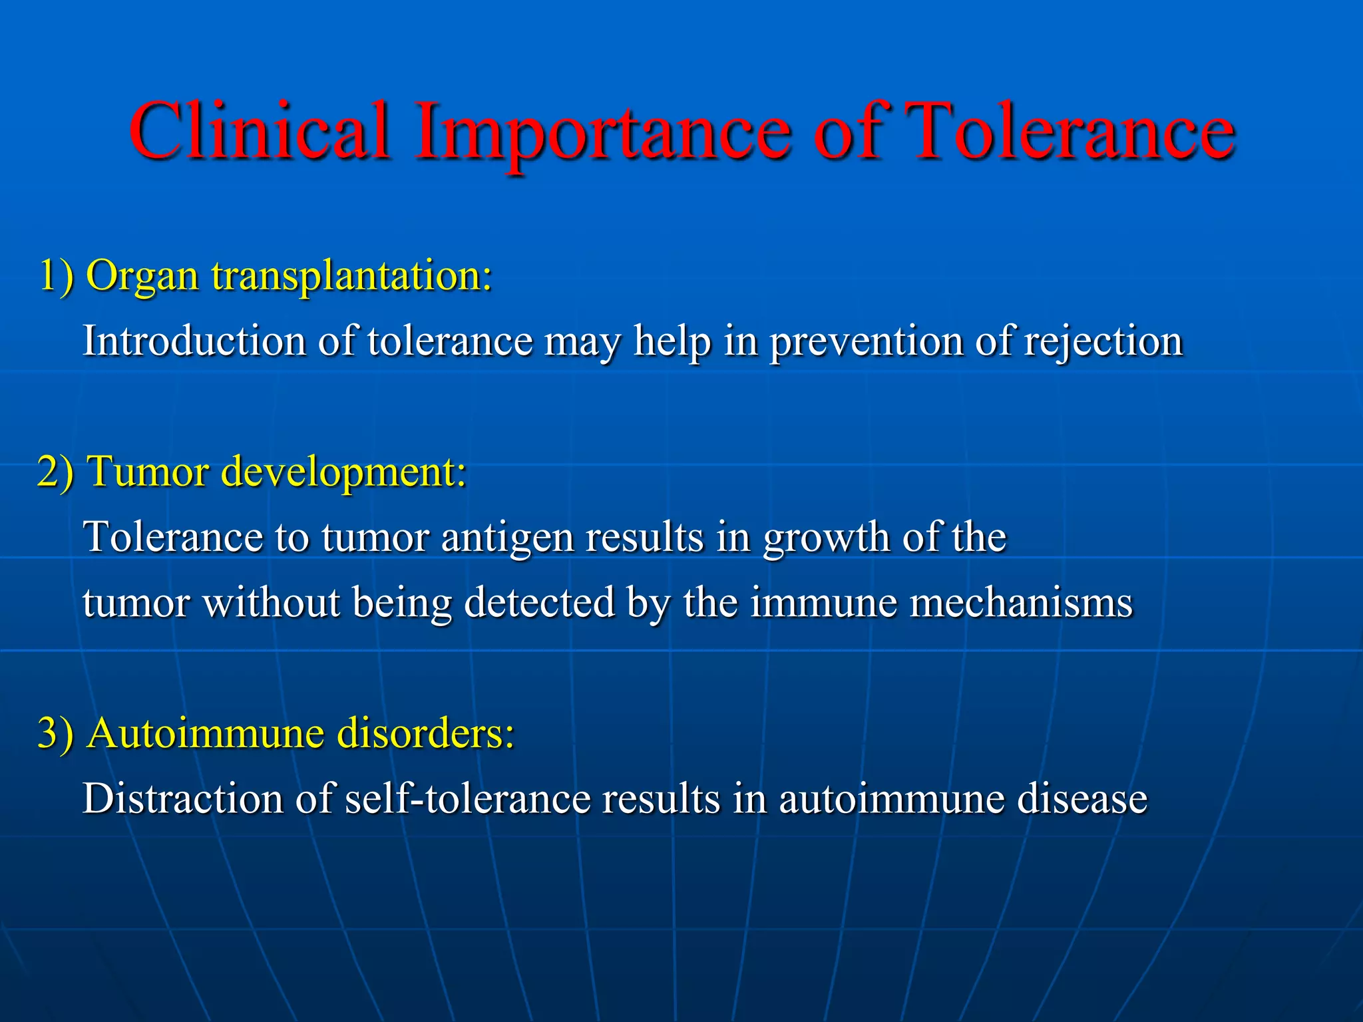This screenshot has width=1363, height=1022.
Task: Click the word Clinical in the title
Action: (x=260, y=131)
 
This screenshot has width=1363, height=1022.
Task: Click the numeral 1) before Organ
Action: (x=56, y=275)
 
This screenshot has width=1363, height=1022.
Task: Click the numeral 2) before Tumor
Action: (x=56, y=472)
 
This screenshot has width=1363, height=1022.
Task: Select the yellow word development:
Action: (x=343, y=473)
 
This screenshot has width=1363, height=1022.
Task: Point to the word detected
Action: (x=539, y=603)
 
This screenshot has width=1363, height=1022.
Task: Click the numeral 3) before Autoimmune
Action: (x=56, y=734)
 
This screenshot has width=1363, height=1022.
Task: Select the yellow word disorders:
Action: (x=426, y=734)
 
